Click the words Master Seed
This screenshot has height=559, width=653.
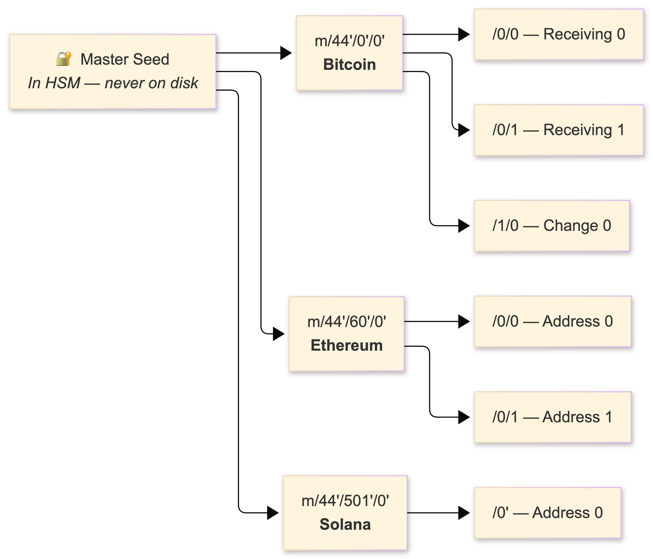pyautogui.click(x=125, y=59)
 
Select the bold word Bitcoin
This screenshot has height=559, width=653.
pyautogui.click(x=349, y=65)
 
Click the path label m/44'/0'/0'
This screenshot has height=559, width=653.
pyautogui.click(x=349, y=41)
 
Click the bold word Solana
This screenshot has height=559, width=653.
pyautogui.click(x=345, y=524)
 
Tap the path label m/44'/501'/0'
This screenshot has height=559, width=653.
pyautogui.click(x=345, y=501)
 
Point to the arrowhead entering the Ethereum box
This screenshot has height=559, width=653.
pyautogui.click(x=279, y=334)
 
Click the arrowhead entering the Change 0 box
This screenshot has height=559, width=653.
pyautogui.click(x=464, y=226)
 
